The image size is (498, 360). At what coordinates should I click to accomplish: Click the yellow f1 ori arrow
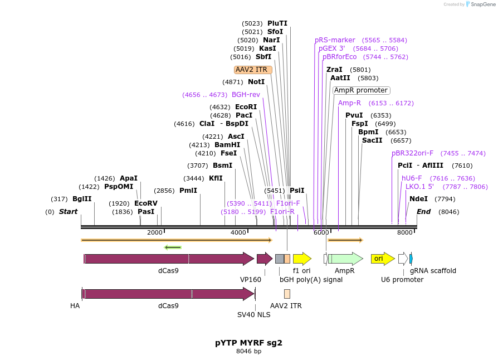[302, 259]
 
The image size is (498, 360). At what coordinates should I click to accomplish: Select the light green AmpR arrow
[345, 259]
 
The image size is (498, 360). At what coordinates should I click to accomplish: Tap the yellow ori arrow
[382, 259]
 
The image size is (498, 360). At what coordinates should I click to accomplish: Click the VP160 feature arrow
[264, 259]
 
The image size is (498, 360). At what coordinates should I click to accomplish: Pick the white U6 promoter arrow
[403, 259]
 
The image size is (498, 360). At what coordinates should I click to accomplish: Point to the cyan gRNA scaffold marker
[411, 259]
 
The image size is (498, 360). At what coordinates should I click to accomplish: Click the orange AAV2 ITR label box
[253, 70]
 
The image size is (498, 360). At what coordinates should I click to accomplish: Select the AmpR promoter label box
[361, 90]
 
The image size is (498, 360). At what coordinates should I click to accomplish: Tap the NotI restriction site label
[256, 82]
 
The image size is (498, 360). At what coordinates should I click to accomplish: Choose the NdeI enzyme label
[418, 199]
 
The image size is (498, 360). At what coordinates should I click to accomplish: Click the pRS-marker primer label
[335, 40]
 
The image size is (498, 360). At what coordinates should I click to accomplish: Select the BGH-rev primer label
[246, 95]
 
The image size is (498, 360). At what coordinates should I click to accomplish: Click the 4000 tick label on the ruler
[238, 232]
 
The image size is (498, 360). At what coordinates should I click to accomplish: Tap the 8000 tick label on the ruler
[404, 232]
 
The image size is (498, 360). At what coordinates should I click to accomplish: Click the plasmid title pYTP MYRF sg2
[248, 343]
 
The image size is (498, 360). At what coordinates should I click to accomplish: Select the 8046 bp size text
[248, 352]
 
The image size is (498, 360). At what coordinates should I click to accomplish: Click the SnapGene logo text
[482, 4]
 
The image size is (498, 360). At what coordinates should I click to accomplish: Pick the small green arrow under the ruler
[173, 247]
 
